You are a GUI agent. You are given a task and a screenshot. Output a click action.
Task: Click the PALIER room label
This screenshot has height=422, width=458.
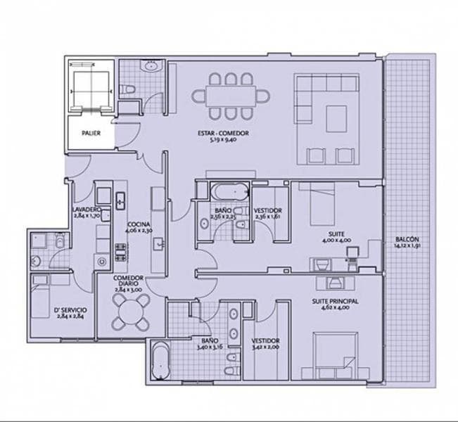click(89, 132)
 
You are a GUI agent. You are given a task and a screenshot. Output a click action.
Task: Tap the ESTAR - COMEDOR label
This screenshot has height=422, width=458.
click(223, 133)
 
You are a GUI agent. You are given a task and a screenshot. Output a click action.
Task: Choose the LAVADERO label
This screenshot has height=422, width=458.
click(87, 210)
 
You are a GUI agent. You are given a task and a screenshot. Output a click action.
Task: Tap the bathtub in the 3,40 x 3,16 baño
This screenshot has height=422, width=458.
click(160, 361)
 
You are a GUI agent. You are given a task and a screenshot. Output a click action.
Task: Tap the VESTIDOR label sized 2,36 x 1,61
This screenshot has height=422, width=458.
click(267, 210)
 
